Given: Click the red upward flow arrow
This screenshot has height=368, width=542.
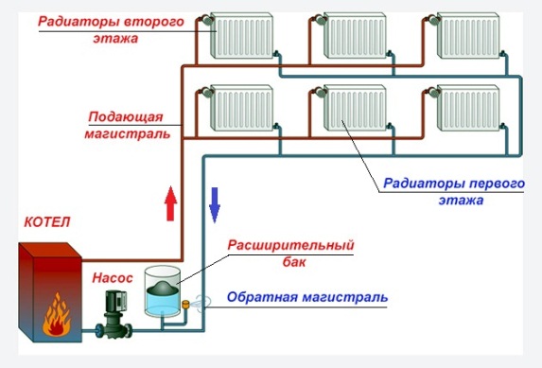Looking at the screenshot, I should click(x=171, y=203).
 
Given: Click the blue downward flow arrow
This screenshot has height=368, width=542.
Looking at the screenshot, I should click(x=215, y=203).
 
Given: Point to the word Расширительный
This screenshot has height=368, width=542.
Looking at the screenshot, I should click(x=290, y=245).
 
